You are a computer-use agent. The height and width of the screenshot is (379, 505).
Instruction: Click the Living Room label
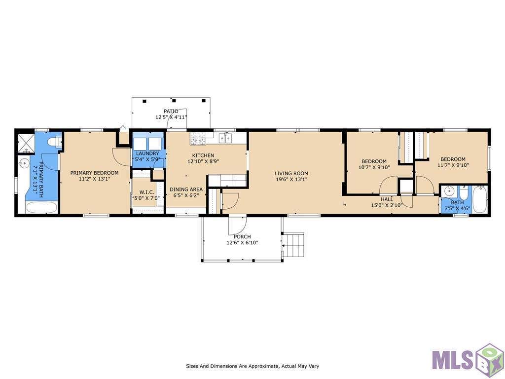pos(291,173)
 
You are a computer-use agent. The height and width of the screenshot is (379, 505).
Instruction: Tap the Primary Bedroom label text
pos(94,173)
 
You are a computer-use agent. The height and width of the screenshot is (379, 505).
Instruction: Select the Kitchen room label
pos(203,155)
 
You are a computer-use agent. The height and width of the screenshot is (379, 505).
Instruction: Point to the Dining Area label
pos(186,189)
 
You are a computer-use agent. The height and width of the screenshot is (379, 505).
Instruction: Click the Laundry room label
pos(147,154)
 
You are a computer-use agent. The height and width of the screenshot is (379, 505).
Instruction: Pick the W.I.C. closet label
pos(146,192)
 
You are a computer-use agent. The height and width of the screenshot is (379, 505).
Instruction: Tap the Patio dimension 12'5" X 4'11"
pos(171,117)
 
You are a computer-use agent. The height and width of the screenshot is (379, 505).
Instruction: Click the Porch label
pos(242,236)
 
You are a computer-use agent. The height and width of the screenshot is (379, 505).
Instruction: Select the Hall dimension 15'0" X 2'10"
pos(387,205)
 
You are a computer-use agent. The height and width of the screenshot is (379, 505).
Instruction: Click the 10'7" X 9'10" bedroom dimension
pos(374,168)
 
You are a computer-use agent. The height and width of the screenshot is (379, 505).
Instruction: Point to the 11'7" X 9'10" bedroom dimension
pos(453,165)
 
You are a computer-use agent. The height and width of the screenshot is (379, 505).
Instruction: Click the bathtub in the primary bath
pos(41,208)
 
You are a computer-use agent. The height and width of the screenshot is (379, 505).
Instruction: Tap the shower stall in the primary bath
pos(26,142)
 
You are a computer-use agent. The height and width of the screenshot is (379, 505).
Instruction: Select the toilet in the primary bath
pos(55,142)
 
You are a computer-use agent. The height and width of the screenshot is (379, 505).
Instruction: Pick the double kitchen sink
pos(225,138)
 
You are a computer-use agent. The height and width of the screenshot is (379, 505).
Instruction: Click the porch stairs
pos(293,245)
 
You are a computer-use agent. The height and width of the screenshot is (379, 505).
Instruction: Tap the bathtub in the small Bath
pos(480,199)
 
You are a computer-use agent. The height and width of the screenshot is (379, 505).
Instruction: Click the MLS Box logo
pos(468,360)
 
